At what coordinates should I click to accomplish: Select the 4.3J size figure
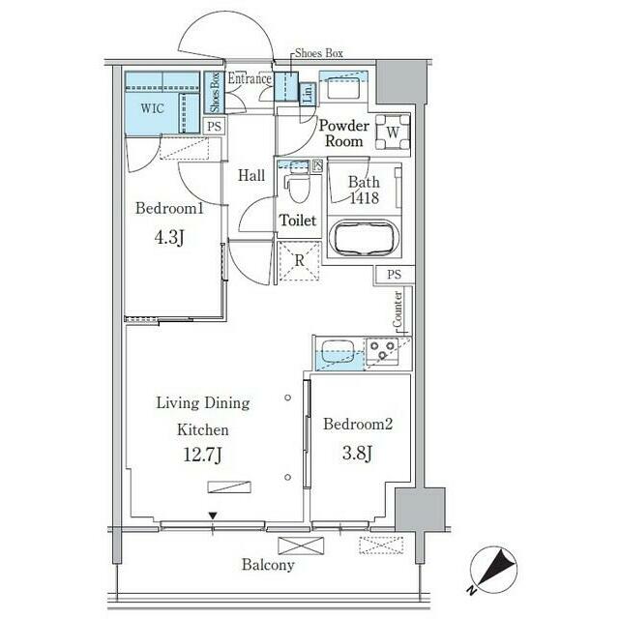pyautogui.click(x=166, y=237)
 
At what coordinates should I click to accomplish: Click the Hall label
pyautogui.click(x=252, y=176)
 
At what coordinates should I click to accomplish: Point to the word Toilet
pyautogui.click(x=298, y=221)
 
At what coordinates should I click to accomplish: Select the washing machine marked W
pyautogui.click(x=392, y=131)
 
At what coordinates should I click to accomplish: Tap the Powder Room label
pyautogui.click(x=343, y=133)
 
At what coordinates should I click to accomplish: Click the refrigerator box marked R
pyautogui.click(x=299, y=260)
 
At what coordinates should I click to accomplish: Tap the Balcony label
pyautogui.click(x=268, y=565)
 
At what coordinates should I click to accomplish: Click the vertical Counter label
pyautogui.click(x=398, y=309)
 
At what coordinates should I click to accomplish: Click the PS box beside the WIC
pyautogui.click(x=215, y=126)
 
